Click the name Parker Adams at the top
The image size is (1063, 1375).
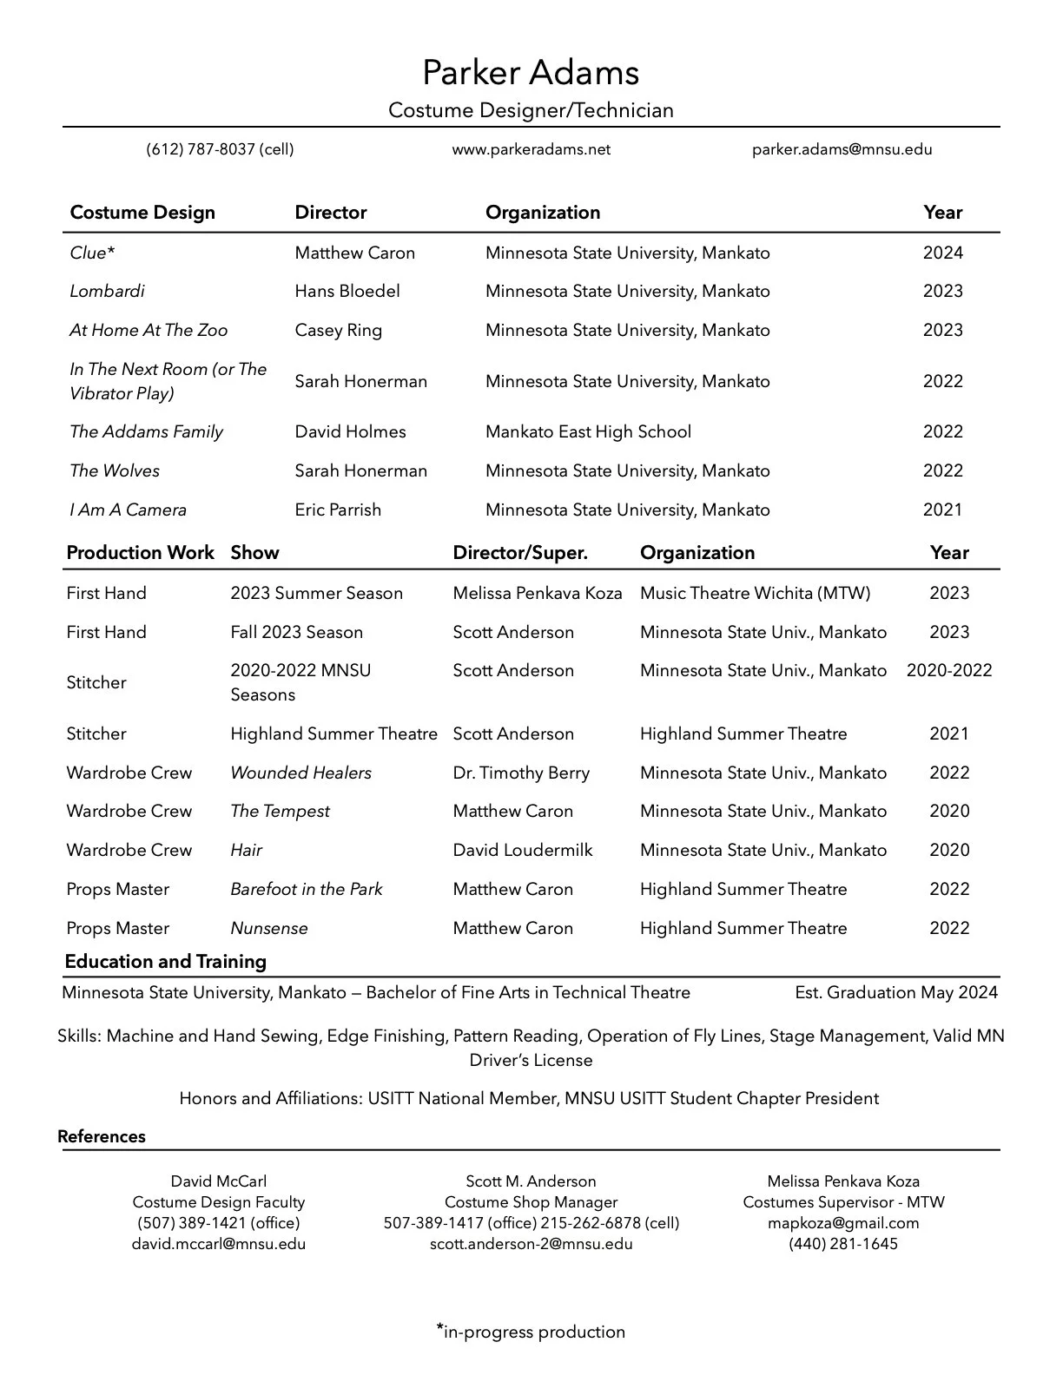pos(531,72)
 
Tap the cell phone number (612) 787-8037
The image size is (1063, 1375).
pos(220,149)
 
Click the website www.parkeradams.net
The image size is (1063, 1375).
pos(531,149)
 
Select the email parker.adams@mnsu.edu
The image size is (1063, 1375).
pos(842,149)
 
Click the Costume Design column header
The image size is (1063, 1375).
pos(142,213)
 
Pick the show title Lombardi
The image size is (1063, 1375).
pos(107,291)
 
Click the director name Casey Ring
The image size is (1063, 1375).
pos(338,330)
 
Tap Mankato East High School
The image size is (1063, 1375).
pos(588,431)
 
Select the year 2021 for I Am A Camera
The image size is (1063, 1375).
pos(942,510)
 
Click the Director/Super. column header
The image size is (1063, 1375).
pos(520,553)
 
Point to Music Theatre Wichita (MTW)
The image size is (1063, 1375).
pos(755,593)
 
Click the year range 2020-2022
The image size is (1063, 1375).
pos(948,670)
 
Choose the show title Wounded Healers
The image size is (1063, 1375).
pos(300,773)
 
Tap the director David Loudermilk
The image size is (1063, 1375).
pos(522,850)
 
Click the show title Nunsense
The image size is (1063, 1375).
pos(268,928)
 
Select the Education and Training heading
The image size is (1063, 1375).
pos(165,962)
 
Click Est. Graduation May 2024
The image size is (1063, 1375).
pos(895,992)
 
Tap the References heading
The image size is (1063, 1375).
pos(102,1136)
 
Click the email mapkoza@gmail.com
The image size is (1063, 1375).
pos(842,1223)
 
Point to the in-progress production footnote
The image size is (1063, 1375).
pos(531,1332)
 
